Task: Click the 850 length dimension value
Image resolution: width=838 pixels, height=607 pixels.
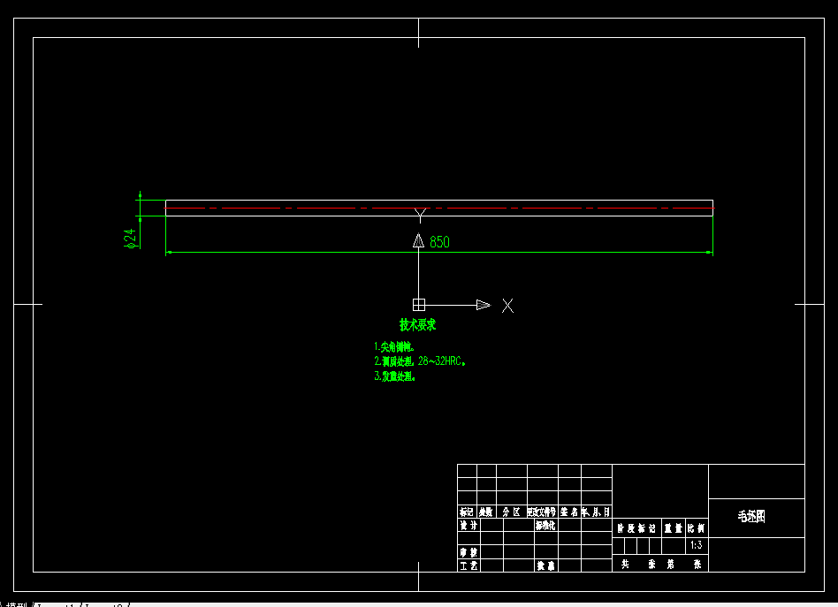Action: click(439, 242)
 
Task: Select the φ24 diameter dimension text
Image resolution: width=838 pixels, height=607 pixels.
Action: click(131, 238)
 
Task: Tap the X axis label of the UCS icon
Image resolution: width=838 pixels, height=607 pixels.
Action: click(507, 306)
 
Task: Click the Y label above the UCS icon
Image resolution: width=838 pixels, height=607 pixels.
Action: click(420, 213)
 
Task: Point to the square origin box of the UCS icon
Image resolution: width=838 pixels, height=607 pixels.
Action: click(419, 305)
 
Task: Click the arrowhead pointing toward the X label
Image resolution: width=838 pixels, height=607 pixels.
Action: click(483, 305)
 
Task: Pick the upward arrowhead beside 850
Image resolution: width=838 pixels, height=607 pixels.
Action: click(419, 240)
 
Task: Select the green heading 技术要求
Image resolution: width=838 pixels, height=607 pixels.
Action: click(417, 325)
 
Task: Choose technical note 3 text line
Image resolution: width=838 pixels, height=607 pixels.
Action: click(394, 376)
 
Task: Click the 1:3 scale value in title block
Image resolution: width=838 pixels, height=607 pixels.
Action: click(697, 545)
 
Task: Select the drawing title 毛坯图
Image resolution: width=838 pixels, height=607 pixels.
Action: click(750, 517)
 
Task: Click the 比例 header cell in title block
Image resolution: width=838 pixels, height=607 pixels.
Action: click(697, 528)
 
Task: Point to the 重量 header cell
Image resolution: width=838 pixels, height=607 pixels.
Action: click(673, 528)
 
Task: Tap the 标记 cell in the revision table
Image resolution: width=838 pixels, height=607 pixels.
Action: click(467, 512)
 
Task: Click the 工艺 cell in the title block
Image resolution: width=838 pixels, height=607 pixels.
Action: click(468, 565)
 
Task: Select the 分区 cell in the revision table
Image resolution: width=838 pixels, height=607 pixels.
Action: click(511, 512)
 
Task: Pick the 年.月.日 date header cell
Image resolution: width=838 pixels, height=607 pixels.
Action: click(596, 512)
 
